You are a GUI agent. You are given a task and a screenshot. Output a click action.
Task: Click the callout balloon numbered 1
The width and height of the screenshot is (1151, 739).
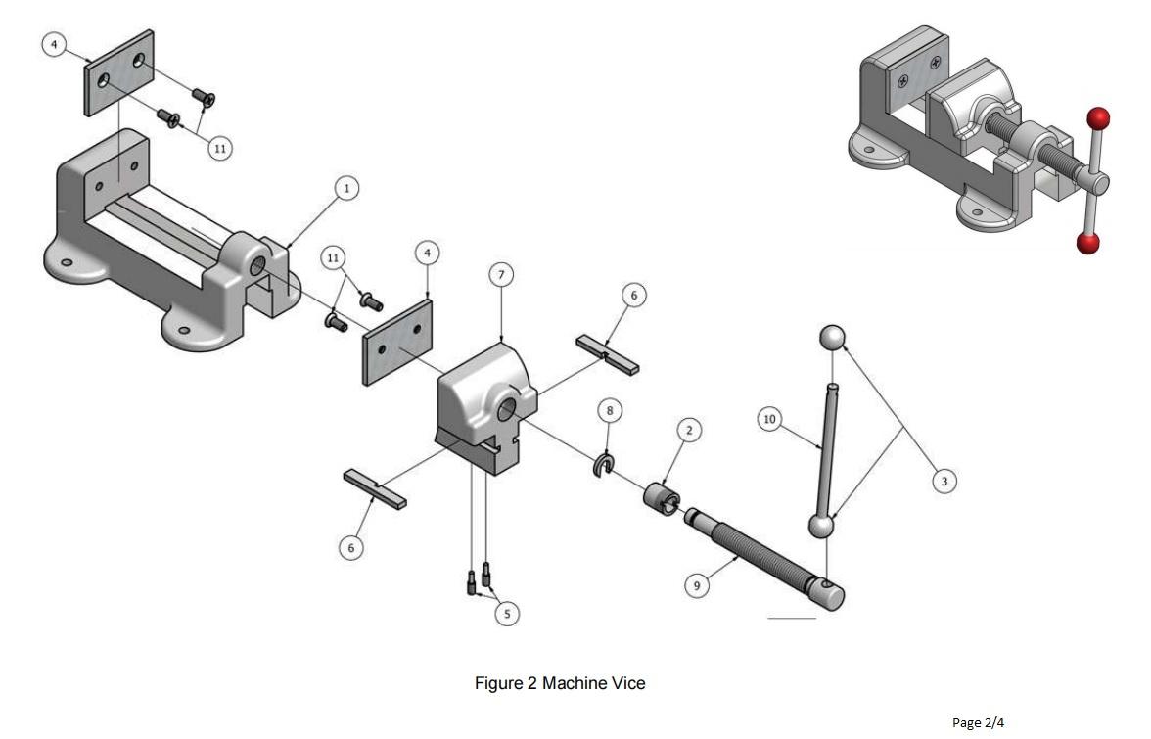[344, 188]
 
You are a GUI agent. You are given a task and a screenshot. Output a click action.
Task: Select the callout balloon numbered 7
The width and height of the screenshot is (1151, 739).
[501, 275]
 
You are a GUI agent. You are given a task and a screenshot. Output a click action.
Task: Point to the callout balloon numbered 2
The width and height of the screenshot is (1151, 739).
[689, 430]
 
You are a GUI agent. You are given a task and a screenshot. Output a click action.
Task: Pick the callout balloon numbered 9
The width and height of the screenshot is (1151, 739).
[697, 585]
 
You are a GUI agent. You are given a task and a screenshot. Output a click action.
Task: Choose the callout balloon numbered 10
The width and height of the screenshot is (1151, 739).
[769, 419]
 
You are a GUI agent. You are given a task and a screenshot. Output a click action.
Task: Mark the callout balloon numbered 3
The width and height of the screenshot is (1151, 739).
[944, 481]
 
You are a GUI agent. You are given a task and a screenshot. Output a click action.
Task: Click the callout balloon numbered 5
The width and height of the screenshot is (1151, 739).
[506, 614]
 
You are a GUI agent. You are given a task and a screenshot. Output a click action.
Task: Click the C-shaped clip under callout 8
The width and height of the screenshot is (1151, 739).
[601, 466]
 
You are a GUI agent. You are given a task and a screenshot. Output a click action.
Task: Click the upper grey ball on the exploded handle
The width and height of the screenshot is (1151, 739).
[831, 338]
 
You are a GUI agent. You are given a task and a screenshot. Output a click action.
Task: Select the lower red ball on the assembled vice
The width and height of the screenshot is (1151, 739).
[1087, 243]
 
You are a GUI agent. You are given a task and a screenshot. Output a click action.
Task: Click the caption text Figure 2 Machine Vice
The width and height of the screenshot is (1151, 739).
[560, 683]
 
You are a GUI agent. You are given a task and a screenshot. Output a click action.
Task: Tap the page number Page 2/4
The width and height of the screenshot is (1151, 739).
[978, 723]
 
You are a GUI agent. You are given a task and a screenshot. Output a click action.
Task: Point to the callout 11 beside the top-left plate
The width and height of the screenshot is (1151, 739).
[219, 148]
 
